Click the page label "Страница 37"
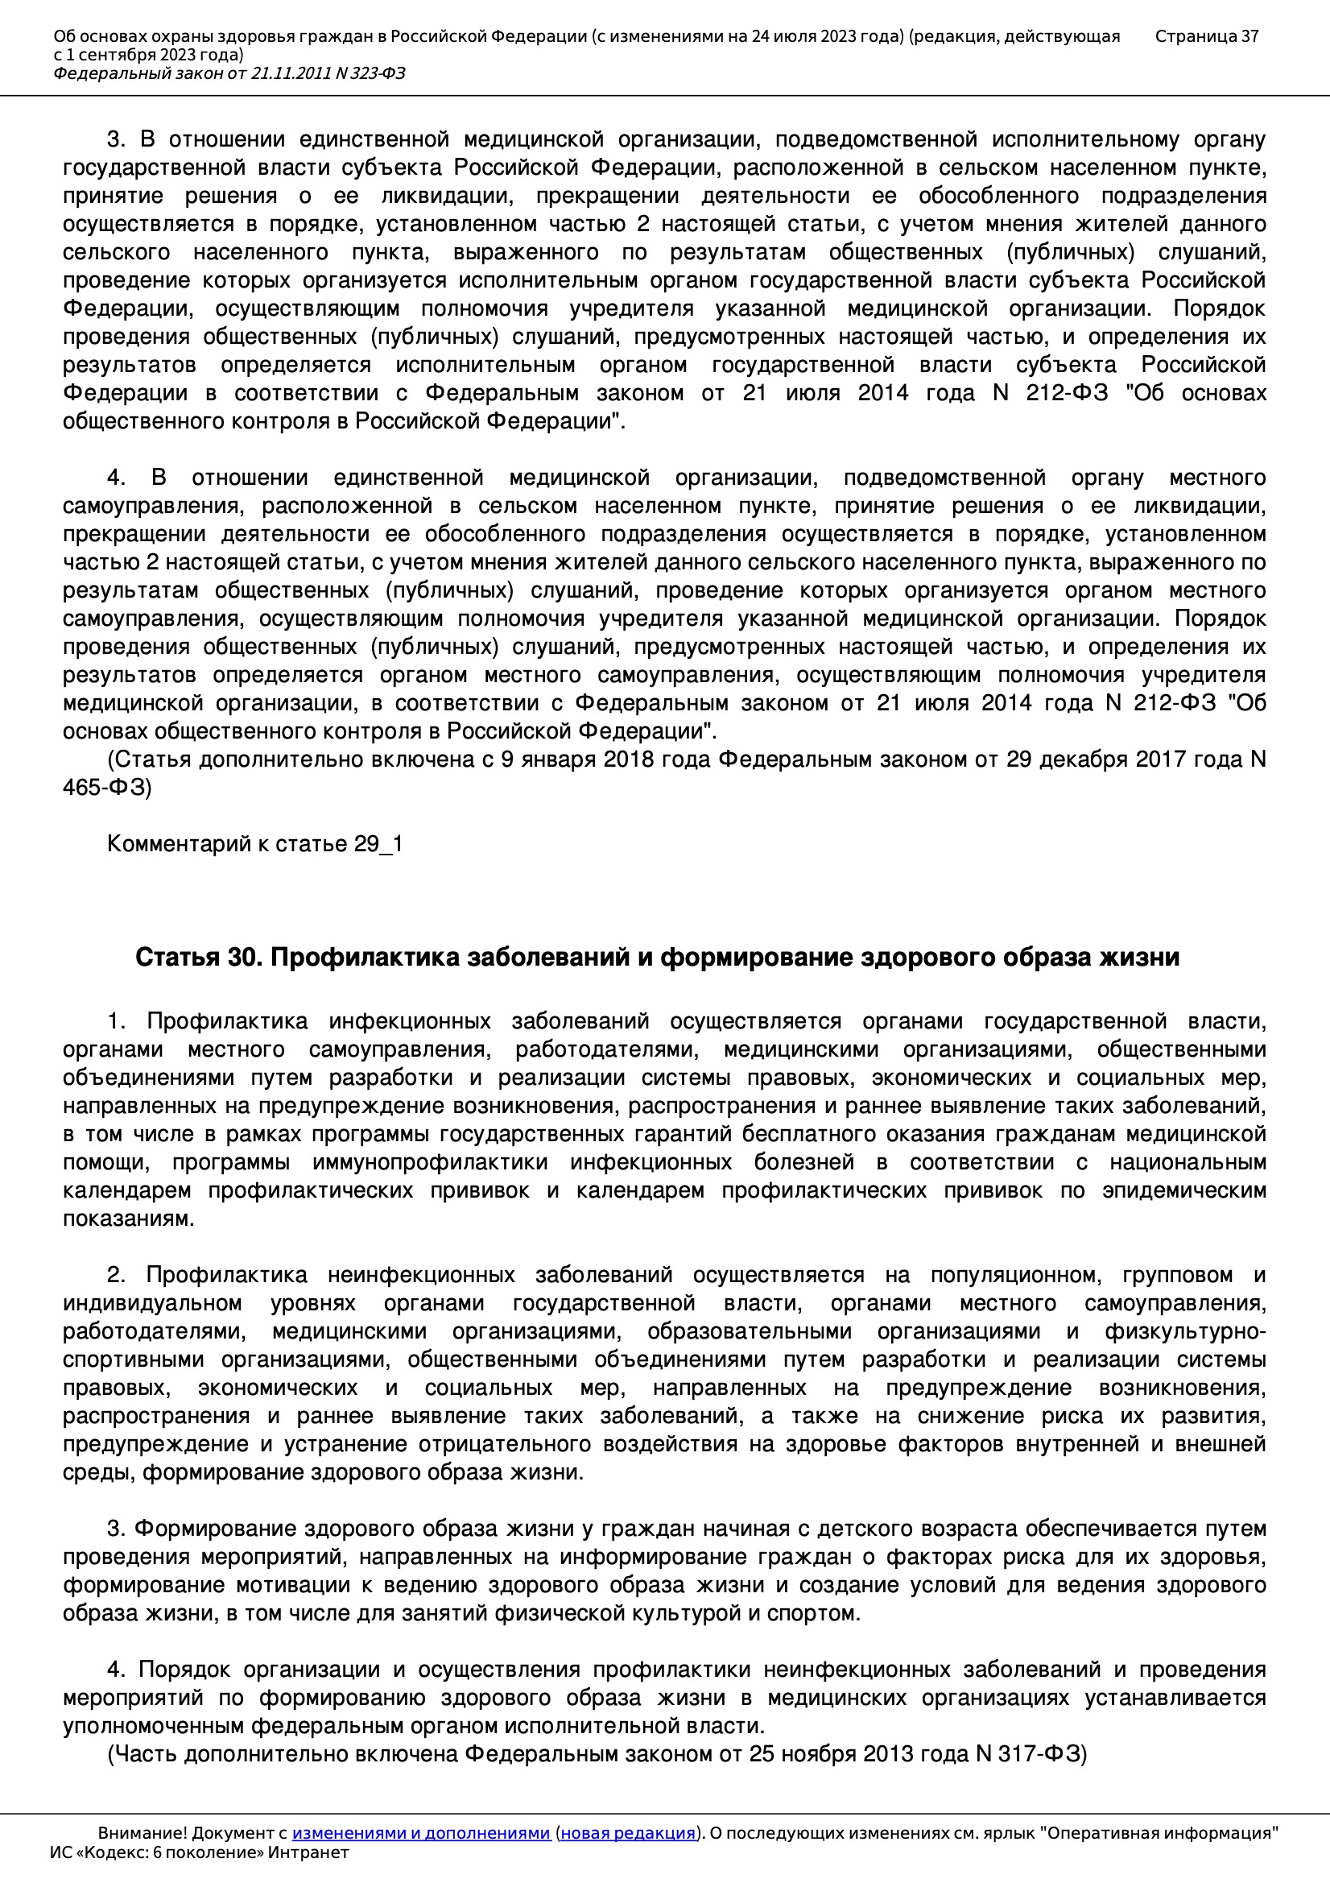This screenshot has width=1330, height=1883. coord(1206,36)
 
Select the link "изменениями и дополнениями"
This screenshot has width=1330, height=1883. coord(420,1833)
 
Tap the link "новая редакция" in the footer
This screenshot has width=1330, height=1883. coord(627,1833)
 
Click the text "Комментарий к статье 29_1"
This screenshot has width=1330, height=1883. coord(255,844)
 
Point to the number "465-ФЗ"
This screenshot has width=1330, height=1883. coord(106,788)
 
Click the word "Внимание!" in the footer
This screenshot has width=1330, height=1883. coord(142,1833)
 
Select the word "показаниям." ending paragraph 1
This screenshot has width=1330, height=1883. coord(129,1219)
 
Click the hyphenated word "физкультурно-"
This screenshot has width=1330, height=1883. coord(1185,1332)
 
